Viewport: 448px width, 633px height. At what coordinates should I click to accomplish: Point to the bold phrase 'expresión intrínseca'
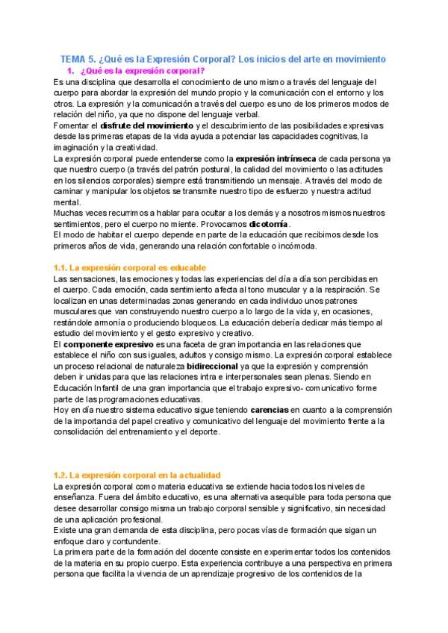coord(276,159)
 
